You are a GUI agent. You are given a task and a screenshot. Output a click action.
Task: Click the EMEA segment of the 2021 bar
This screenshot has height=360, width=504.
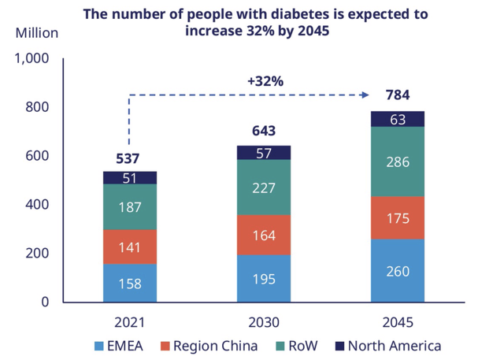tap(129, 283)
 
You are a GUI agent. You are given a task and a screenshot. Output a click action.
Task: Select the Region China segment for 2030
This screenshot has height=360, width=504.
tap(264, 235)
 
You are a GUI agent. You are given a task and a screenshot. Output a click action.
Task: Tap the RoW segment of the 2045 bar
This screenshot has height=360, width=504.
tap(398, 161)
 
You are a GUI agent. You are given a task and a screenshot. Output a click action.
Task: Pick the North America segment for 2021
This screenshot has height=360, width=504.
tap(129, 177)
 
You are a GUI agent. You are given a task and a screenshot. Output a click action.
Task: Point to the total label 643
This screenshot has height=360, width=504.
tap(264, 131)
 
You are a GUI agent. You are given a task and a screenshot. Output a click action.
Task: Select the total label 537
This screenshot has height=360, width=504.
tap(129, 158)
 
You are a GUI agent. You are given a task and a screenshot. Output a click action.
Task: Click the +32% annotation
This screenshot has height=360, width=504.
tap(265, 80)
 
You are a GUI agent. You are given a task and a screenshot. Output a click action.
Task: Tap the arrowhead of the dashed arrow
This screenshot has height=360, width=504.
tap(365, 95)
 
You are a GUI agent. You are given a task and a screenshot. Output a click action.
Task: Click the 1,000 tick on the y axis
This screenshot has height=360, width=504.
tap(32, 58)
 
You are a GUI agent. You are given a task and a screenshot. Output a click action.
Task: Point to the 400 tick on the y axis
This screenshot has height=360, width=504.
tap(38, 204)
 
